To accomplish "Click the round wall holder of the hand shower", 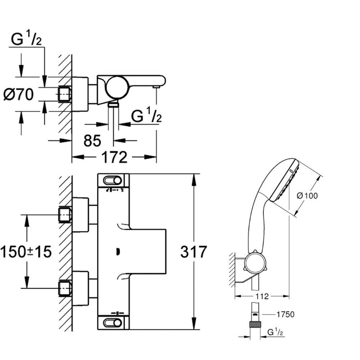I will [x=255, y=262].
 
